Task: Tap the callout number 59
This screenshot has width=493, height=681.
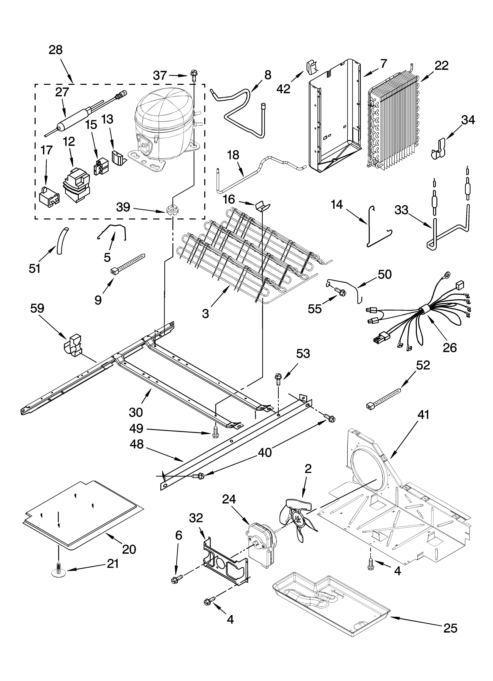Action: click(37, 309)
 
